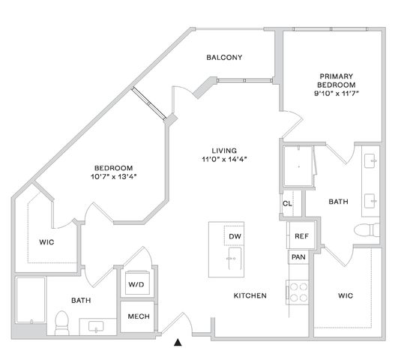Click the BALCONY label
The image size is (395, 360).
point(224,58)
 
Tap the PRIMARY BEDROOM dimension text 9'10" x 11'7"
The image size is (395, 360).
point(337,94)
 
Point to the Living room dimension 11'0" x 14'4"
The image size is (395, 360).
point(224,159)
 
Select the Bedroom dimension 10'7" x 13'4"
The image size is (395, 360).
point(114,177)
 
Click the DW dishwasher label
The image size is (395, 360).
point(235,236)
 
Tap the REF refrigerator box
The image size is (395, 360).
point(301,235)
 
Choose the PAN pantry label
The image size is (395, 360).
point(298,257)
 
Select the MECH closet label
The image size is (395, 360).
point(139,316)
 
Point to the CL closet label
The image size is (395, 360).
point(287,203)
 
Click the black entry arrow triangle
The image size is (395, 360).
point(178,342)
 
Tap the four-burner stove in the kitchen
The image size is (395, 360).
point(298,292)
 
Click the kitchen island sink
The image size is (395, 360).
point(235,259)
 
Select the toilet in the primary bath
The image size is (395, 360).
point(367,230)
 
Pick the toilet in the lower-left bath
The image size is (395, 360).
point(61,323)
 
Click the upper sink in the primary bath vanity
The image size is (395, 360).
point(370,160)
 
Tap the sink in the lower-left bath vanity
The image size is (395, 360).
point(96,326)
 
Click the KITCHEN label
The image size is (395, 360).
point(250,295)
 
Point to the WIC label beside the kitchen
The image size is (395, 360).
point(346,295)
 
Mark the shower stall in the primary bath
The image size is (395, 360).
point(299,166)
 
